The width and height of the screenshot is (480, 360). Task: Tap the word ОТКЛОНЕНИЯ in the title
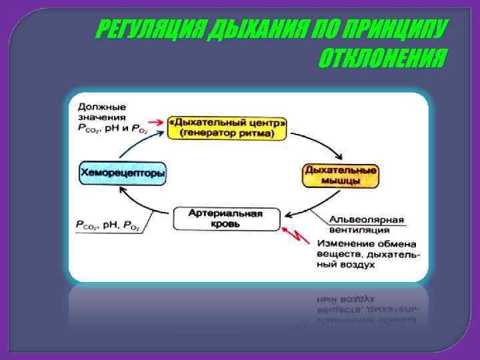[x=380, y=61]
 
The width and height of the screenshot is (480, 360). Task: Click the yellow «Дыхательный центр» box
[x=227, y=128]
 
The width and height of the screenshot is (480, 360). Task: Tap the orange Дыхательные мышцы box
[x=341, y=175]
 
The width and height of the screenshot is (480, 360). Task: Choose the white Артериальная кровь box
[x=226, y=219]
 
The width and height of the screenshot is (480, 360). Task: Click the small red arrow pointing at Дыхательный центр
[x=156, y=123]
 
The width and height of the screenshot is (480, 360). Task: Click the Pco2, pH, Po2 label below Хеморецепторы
[x=107, y=227]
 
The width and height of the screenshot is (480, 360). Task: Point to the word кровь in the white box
[x=226, y=225]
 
